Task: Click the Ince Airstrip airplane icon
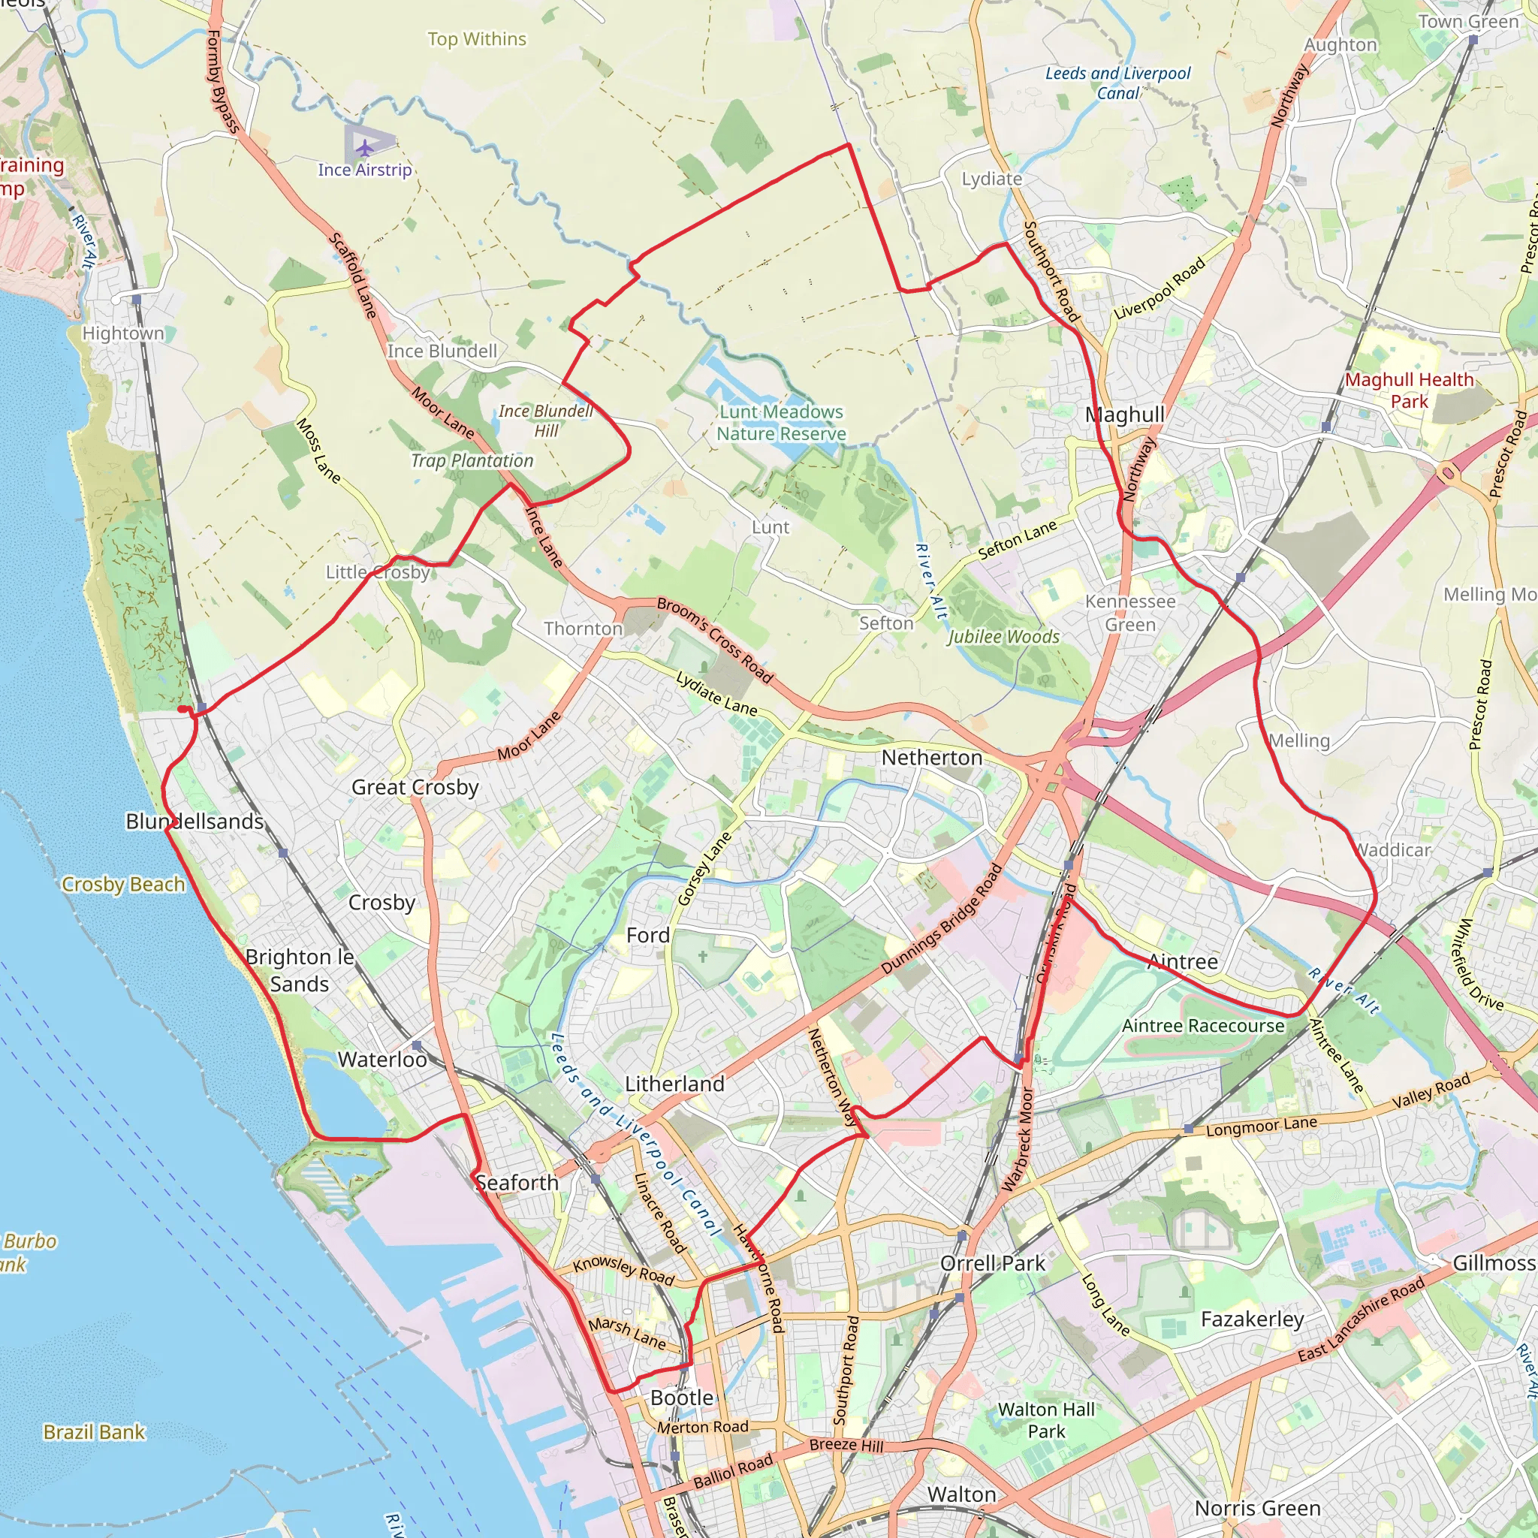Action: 363,148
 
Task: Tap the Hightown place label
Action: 122,333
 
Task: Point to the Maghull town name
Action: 1124,415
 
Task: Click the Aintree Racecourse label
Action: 1202,1026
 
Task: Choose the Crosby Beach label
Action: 123,885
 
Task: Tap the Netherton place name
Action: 931,758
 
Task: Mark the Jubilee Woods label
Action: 1003,637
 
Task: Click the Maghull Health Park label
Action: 1409,390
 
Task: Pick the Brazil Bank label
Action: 94,1432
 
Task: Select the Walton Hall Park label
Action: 1046,1420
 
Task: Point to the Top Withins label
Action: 477,39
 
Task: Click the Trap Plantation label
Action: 472,461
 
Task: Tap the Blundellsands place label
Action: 195,822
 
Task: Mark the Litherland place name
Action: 674,1084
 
